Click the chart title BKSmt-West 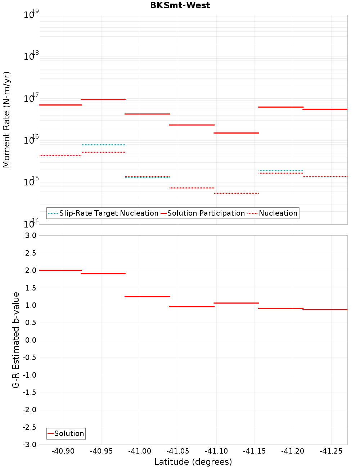pyautogui.click(x=180, y=5)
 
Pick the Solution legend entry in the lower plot pyautogui.click(x=69, y=433)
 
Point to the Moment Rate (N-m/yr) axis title pyautogui.click(x=6, y=120)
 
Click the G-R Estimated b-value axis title pyautogui.click(x=16, y=340)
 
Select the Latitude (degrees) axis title pyautogui.click(x=193, y=462)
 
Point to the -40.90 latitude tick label pyautogui.click(x=63, y=451)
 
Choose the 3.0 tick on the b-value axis pyautogui.click(x=30, y=235)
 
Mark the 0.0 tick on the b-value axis pyautogui.click(x=30, y=340)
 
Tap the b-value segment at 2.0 pyautogui.click(x=60, y=270)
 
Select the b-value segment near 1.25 pyautogui.click(x=147, y=296)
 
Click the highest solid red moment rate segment pyautogui.click(x=103, y=99)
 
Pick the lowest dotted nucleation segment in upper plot pyautogui.click(x=236, y=193)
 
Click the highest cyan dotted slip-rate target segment pyautogui.click(x=103, y=145)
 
